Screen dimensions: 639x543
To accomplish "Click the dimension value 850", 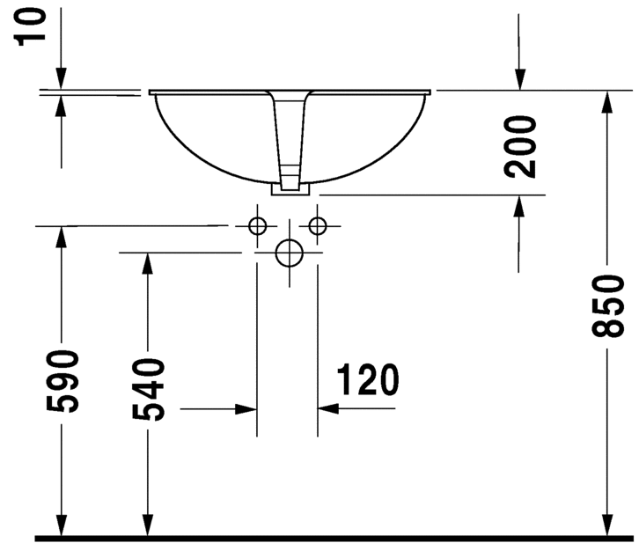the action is coord(607,306).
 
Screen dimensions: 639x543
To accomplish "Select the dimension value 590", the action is coord(62,381).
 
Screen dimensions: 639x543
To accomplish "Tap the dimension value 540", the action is coord(148,389).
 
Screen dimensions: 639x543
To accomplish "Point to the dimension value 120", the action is coord(368,379).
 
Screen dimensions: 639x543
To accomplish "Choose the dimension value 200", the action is coord(519,147).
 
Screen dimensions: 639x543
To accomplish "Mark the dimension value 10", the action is coord(30,26).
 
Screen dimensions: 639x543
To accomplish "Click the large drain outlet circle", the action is coord(290,253).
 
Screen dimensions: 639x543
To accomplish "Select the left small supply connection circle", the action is coord(257,225).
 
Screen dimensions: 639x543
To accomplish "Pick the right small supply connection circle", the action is coord(318,225).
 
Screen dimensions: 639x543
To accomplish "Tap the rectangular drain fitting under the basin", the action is coord(290,189).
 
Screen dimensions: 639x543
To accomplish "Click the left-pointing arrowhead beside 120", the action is coord(328,408).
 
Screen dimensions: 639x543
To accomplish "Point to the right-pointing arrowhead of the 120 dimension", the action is coord(246,408).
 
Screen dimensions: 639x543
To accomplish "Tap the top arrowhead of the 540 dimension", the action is coord(148,263).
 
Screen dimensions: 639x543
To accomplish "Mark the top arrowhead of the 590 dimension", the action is coord(61,237).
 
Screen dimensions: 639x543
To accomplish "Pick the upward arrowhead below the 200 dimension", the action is coord(518,206).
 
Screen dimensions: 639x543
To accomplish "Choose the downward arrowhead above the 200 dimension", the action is coord(519,79).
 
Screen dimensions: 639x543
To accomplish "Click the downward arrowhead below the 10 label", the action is coord(61,77).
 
